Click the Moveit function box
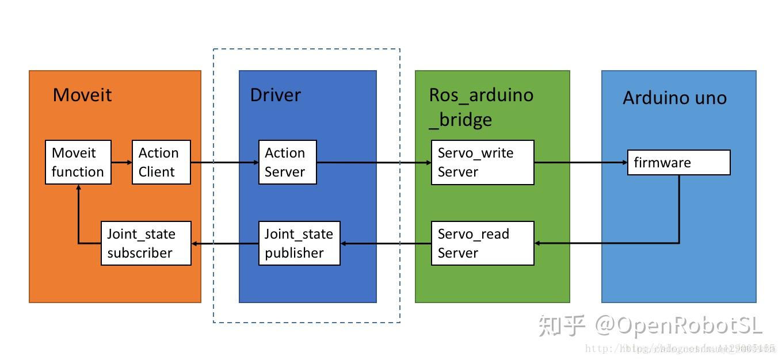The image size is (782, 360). pos(78,162)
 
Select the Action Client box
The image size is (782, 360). pos(161,162)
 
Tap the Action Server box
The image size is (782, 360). pos(287,162)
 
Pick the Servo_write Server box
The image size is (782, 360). pos(482,162)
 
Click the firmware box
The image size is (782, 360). pos(678,163)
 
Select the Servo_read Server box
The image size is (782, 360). pos(482,243)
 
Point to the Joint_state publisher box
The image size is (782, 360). pos(299,243)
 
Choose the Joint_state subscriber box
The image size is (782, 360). pos(146,243)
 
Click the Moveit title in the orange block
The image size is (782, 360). pos(82,95)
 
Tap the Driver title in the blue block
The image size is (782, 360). pos(275,95)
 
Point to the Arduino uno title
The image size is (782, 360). pos(674,98)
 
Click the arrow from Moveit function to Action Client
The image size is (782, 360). pos(121,162)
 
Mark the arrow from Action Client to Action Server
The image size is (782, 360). pos(224,163)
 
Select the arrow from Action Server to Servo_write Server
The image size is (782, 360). pos(374,163)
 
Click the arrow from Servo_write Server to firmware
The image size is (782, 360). pos(580,163)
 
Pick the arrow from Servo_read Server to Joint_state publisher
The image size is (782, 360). pos(386,244)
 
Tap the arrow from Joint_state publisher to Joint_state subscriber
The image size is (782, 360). pos(224,244)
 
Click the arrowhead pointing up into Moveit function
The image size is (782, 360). pos(78,190)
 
